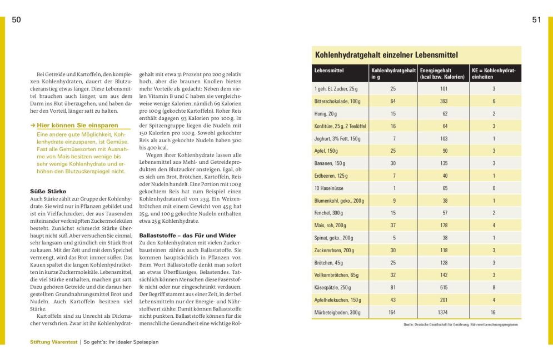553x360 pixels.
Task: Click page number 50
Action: pyautogui.click(x=17, y=20)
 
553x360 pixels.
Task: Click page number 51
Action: pyautogui.click(x=536, y=20)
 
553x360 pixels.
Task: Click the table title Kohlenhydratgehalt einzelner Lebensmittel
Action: pyautogui.click(x=386, y=55)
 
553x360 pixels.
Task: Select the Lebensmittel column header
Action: pyautogui.click(x=329, y=71)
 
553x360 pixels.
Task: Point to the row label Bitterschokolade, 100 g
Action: pyautogui.click(x=337, y=101)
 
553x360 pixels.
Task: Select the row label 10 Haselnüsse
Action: pyautogui.click(x=331, y=188)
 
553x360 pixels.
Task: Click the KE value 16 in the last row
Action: pyautogui.click(x=493, y=312)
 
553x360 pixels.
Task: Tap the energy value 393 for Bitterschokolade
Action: pyautogui.click(x=444, y=101)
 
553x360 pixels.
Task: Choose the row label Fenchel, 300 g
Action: pyautogui.click(x=330, y=212)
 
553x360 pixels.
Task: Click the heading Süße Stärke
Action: pyautogui.click(x=48, y=191)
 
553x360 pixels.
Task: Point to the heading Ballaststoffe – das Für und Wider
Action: pyautogui.click(x=187, y=236)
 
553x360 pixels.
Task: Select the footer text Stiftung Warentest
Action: pyautogui.click(x=54, y=342)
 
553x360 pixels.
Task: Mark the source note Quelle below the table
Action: pyautogui.click(x=461, y=324)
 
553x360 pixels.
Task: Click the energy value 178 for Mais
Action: pyautogui.click(x=444, y=224)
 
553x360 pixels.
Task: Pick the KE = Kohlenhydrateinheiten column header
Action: pyautogui.click(x=494, y=74)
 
